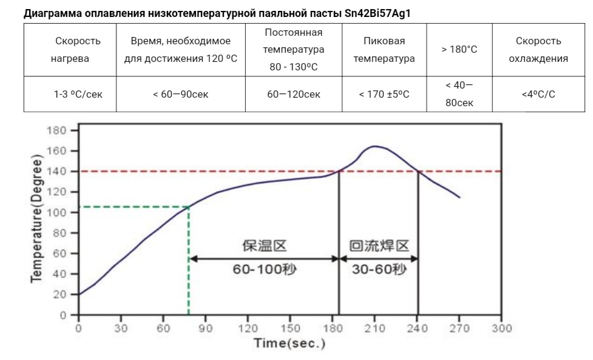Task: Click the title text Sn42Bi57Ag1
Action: (378, 13)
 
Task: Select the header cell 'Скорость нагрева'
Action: (70, 50)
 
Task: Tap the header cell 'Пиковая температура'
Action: (384, 50)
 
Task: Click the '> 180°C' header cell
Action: (459, 50)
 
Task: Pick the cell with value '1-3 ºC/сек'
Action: (70, 94)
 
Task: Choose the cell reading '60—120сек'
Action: (294, 94)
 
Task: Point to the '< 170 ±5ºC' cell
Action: (384, 94)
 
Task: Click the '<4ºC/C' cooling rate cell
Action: (538, 94)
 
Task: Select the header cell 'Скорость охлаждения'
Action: (538, 50)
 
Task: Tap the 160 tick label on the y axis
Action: (56, 151)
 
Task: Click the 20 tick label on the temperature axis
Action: (59, 294)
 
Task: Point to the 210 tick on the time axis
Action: (374, 328)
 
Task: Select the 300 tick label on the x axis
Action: (501, 328)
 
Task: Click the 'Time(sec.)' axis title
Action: (290, 344)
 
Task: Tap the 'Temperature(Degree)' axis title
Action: (36, 219)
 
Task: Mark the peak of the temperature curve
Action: (374, 146)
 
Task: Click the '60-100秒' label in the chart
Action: (265, 270)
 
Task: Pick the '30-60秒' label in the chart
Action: (379, 270)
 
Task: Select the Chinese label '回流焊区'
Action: (379, 246)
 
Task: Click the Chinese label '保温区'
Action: (265, 246)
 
